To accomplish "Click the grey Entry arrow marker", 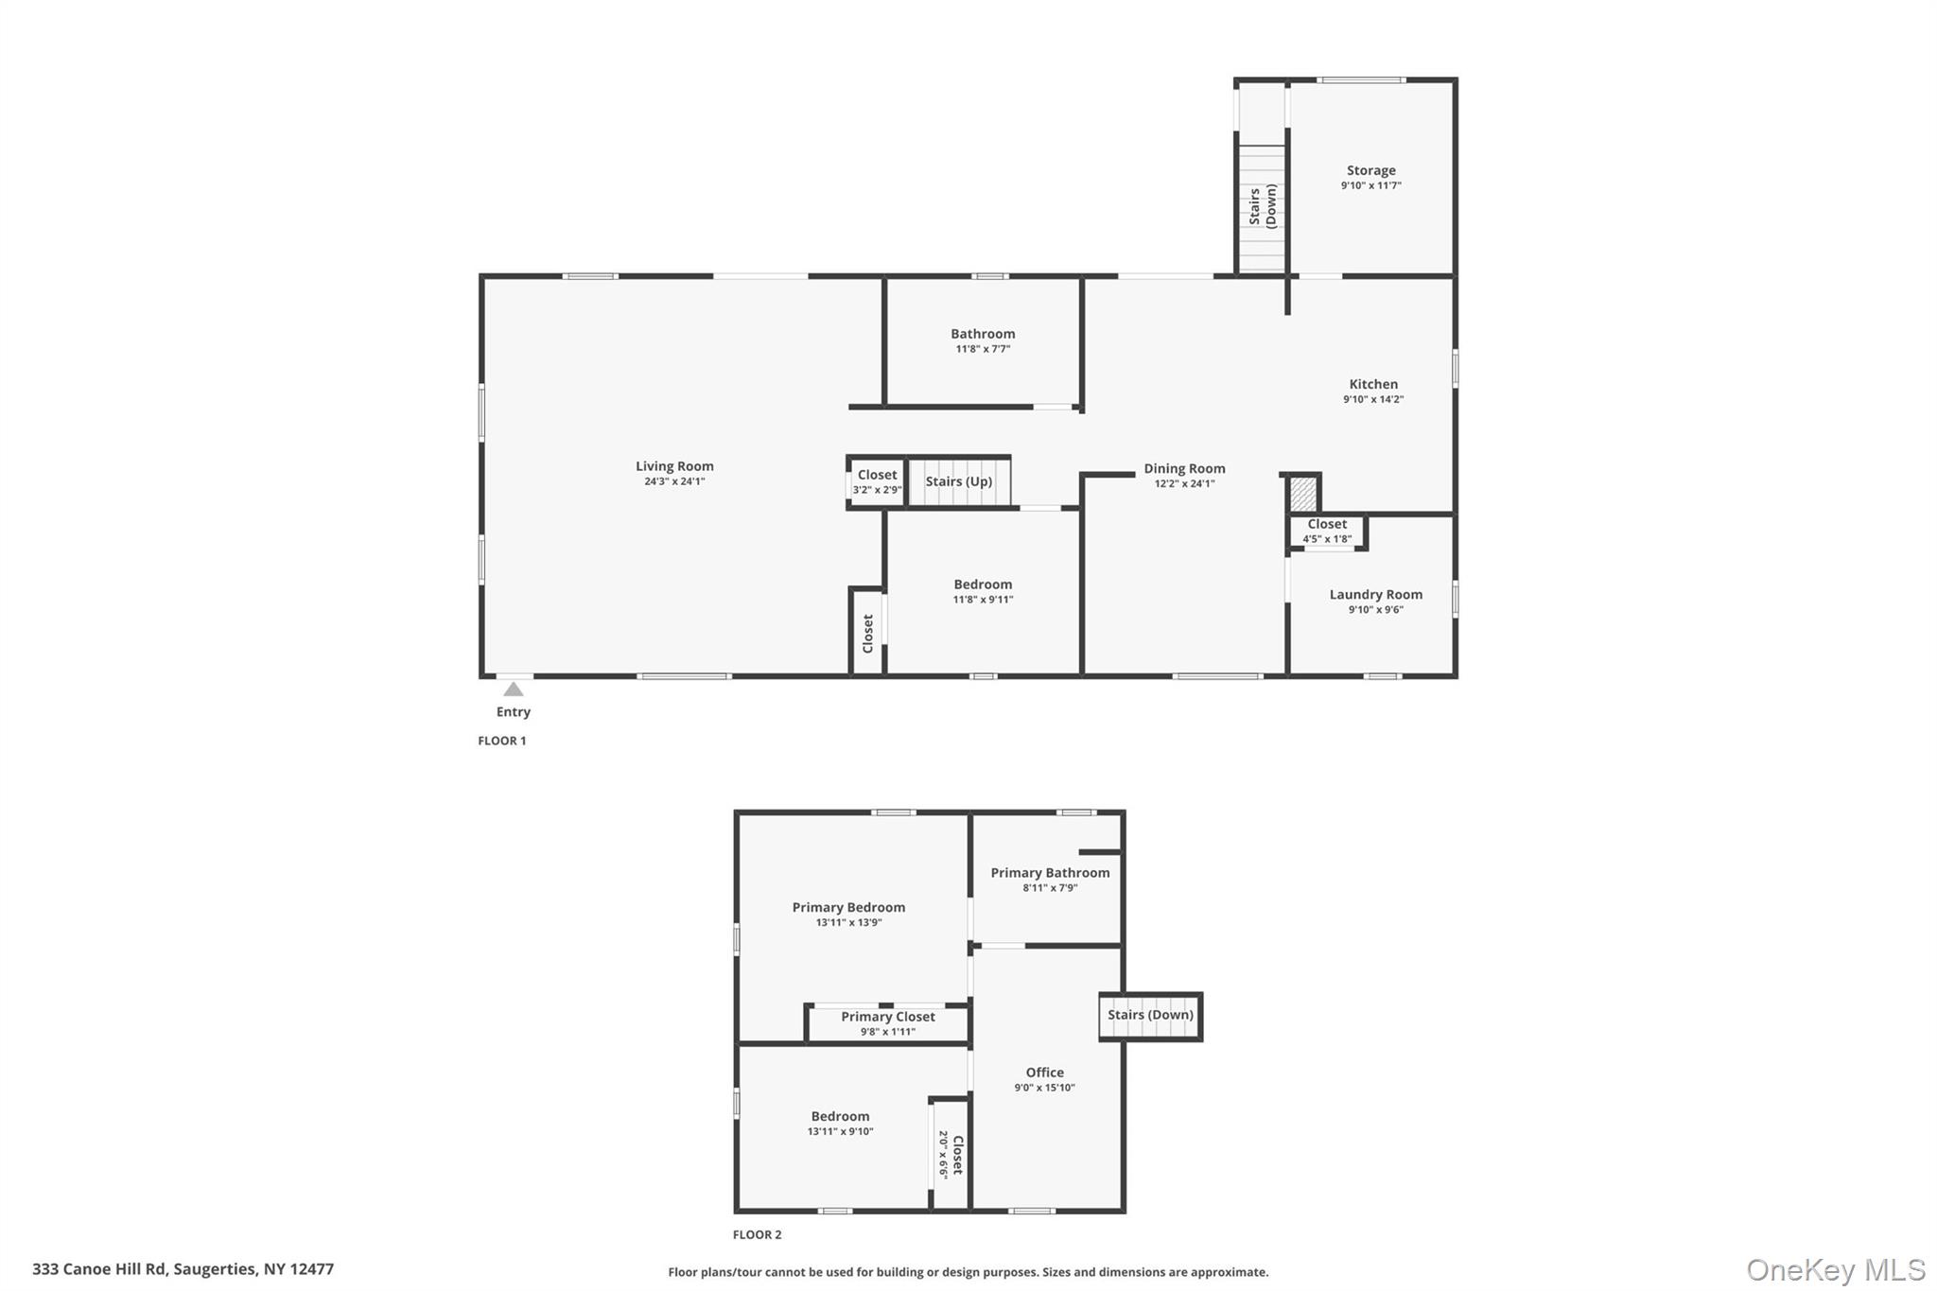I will (514, 689).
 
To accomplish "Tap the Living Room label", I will (674, 466).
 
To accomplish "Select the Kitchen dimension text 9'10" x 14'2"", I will (1373, 399).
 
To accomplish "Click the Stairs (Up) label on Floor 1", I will (958, 481).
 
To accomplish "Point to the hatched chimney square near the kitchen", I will (1303, 494).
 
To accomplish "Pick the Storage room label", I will (1370, 171).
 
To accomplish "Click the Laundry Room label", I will (1375, 595).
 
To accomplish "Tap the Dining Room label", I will (1184, 468).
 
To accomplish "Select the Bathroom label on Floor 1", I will (983, 334).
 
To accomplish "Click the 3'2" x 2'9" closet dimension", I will (877, 490).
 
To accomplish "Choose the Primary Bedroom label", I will (848, 907).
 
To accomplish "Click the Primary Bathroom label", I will (1050, 873).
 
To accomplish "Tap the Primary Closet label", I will (888, 1017).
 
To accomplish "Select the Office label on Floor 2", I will (1044, 1073).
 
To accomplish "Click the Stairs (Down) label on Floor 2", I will (1150, 1015).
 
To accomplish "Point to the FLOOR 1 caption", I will (502, 741).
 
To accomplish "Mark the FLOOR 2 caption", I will (758, 1234).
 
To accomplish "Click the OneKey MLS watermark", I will (1836, 1269).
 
